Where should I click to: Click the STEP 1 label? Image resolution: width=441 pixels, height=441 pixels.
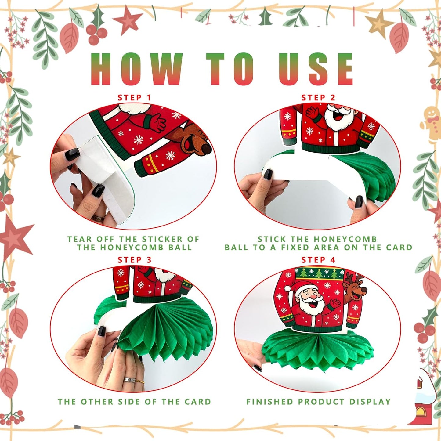[134, 98]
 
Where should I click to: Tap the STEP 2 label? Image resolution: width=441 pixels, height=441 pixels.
[318, 98]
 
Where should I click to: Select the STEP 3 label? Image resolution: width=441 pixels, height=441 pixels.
[134, 260]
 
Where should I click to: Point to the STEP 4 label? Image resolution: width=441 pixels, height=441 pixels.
[318, 260]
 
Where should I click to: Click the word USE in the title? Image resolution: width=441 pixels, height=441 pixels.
[316, 69]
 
